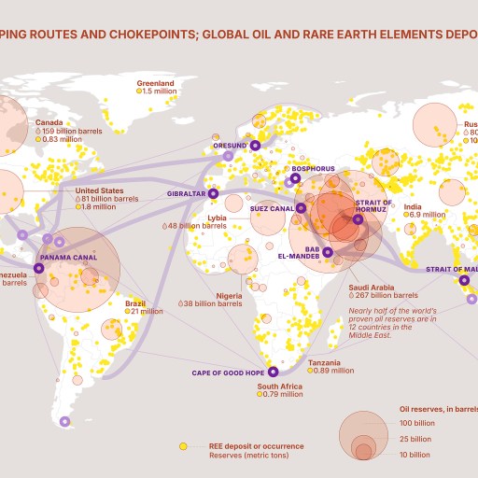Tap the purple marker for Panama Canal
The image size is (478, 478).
[x=38, y=268]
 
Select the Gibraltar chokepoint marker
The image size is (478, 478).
[x=213, y=193]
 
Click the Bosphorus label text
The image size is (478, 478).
[x=313, y=169]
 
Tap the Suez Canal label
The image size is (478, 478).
[x=273, y=208]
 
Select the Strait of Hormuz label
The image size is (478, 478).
[x=373, y=206]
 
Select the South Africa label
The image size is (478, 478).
[x=279, y=386]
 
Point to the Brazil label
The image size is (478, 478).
[x=136, y=302]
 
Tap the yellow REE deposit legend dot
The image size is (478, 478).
[x=184, y=445]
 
